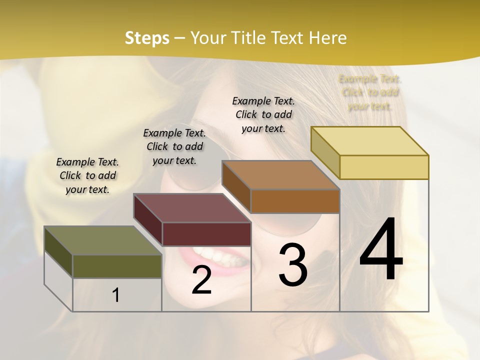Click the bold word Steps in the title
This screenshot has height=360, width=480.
click(x=147, y=38)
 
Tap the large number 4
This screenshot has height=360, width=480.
click(x=381, y=250)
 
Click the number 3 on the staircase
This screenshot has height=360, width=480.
click(x=292, y=265)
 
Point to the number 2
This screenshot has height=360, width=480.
click(x=201, y=280)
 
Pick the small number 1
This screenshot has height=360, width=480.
click(x=116, y=295)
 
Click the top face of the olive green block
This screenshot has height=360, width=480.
click(x=102, y=240)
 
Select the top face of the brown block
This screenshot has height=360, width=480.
click(x=280, y=175)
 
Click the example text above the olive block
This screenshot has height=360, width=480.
click(x=87, y=175)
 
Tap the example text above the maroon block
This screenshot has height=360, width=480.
click(x=174, y=146)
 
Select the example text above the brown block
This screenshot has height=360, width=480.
click(x=263, y=114)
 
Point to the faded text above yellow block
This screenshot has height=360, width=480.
click(x=370, y=92)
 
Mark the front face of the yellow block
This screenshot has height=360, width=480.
click(x=384, y=167)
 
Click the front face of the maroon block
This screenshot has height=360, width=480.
click(x=206, y=234)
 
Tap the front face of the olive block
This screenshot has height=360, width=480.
click(x=117, y=266)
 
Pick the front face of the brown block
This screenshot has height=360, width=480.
click(x=295, y=201)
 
